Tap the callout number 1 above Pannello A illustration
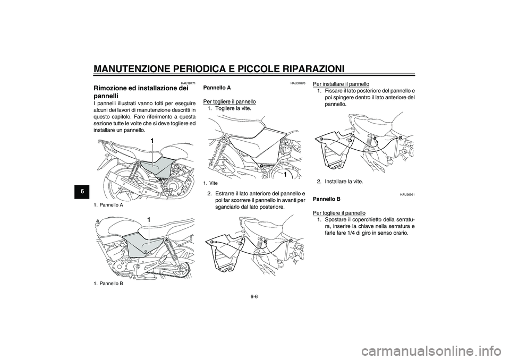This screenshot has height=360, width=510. pyautogui.click(x=152, y=141)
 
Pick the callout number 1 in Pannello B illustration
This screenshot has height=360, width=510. pyautogui.click(x=149, y=219)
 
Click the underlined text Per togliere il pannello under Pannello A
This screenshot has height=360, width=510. pyautogui.click(x=230, y=101)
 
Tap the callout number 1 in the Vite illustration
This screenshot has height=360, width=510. pyautogui.click(x=285, y=174)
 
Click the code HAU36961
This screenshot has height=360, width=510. pyautogui.click(x=407, y=195)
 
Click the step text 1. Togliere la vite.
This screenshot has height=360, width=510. pyautogui.click(x=233, y=108)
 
